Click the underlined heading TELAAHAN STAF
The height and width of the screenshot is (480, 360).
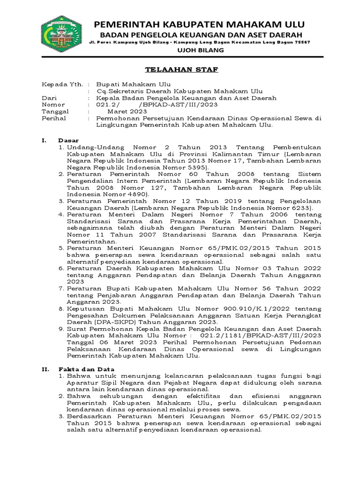[x=181, y=70]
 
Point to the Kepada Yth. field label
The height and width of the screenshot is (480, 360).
[x=59, y=84]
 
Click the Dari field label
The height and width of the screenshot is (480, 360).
[x=48, y=98]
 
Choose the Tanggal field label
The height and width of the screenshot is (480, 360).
[x=55, y=112]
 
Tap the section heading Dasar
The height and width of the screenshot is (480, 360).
[x=68, y=140]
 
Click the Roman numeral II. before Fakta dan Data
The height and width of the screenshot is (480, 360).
[x=45, y=369]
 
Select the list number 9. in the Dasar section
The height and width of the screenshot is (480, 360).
[x=62, y=329]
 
